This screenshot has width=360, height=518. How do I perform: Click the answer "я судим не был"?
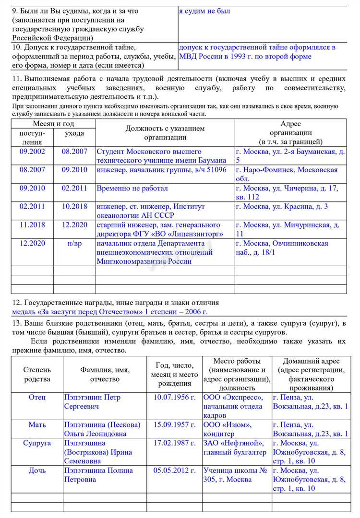coord(204,11)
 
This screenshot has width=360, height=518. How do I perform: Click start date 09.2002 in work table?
coord(32,152)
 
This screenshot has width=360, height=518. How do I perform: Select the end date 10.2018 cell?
coord(74,206)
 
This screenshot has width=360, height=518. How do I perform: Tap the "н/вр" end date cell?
coord(74,243)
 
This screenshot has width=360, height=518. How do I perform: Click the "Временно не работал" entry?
coord(132,188)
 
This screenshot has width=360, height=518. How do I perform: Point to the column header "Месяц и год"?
coord(53,124)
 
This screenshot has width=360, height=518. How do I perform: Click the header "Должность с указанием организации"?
coord(165,133)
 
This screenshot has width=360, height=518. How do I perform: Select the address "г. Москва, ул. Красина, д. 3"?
coord(282,206)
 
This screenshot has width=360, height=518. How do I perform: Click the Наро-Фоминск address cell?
coord(287,174)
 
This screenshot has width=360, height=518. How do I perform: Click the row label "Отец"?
coord(37,398)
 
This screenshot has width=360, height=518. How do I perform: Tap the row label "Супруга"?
coord(37,443)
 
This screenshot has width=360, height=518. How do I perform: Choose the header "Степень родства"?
coord(37,375)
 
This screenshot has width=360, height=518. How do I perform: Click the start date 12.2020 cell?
coord(32,243)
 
